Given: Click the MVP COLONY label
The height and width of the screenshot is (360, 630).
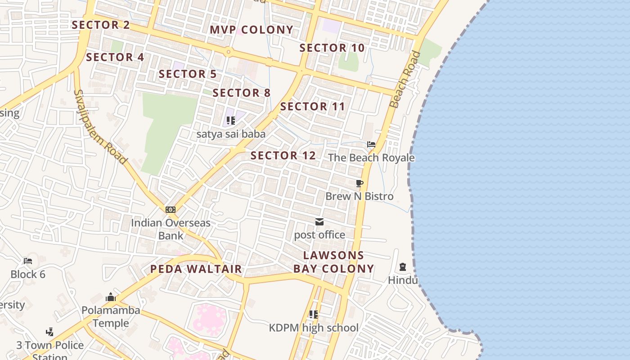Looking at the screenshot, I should tap(252, 30).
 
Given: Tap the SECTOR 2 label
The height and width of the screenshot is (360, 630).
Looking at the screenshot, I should tap(101, 25).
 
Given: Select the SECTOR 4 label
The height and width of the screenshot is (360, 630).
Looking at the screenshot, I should tap(115, 57).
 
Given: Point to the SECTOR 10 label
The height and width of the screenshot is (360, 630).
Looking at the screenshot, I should tap(332, 48).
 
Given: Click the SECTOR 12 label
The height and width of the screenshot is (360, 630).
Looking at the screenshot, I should tap(283, 156).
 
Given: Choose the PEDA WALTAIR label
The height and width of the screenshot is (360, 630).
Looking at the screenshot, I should tap(196, 269).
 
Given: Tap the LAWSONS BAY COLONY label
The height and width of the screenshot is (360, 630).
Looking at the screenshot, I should tap(333, 262).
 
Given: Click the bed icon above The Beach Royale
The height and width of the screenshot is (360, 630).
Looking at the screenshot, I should tap(371, 144).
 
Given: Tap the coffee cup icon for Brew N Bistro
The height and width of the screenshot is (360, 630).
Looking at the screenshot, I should tap(359, 183).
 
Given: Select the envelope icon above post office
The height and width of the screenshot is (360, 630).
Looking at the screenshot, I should tap(319, 221).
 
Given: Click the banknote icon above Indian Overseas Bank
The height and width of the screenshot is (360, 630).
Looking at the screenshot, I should tap(171, 209).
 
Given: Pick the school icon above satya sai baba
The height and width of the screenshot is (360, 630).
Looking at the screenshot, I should tap(231, 121).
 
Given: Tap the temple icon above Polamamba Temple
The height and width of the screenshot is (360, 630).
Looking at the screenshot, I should tap(111, 297).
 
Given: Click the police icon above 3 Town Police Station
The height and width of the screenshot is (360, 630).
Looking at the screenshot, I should tap(50, 332).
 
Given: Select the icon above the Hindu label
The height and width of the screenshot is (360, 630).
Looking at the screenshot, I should tap(403, 267).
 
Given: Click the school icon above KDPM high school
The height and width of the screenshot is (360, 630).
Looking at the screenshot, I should tap(314, 315).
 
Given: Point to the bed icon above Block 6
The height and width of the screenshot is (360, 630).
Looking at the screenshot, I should tap(28, 261).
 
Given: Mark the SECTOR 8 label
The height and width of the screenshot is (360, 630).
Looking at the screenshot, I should tap(242, 93).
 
